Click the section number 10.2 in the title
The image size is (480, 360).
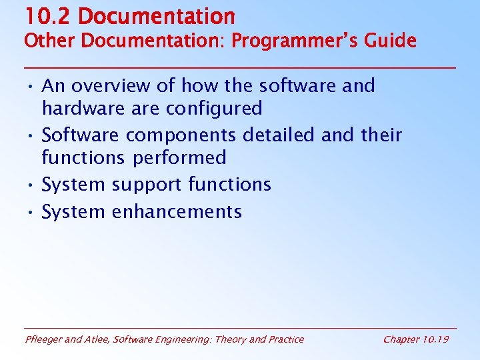click(x=40, y=16)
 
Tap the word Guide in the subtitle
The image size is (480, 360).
click(x=394, y=41)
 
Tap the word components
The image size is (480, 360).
click(x=181, y=135)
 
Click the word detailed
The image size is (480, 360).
click(x=278, y=135)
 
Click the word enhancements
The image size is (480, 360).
click(x=177, y=212)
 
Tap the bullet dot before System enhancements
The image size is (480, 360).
click(x=31, y=212)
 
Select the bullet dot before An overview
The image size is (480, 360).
click(x=31, y=85)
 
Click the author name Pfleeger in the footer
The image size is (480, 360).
click(x=45, y=339)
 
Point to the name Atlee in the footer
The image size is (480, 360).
click(x=97, y=339)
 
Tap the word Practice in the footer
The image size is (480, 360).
click(x=285, y=339)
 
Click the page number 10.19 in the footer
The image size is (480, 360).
click(x=435, y=339)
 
